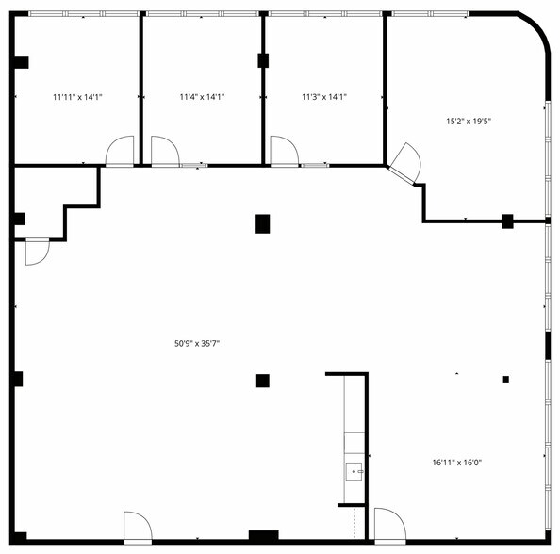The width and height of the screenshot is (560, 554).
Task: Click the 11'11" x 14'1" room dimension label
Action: (77, 97)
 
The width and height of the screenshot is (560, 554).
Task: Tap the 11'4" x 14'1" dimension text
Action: (202, 97)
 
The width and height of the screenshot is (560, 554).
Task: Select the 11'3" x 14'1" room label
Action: (324, 97)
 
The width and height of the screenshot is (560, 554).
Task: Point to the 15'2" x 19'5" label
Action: (469, 122)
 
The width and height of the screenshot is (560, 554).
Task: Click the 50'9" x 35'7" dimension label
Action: (197, 344)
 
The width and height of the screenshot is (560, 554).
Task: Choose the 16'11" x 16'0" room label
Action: (457, 463)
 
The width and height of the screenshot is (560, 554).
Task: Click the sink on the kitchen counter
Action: (354, 471)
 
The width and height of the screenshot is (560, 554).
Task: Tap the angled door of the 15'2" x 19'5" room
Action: (405, 163)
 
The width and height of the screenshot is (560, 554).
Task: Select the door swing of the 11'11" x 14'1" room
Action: (120, 151)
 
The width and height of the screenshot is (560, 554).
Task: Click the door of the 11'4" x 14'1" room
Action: (165, 151)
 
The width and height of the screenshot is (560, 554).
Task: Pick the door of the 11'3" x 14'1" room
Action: (285, 151)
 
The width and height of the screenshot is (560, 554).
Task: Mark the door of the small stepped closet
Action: (37, 252)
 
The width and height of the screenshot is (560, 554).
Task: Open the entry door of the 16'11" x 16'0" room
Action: (390, 526)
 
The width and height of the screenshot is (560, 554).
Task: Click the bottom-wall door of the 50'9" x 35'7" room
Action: (138, 528)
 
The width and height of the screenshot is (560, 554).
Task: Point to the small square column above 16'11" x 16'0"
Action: (506, 379)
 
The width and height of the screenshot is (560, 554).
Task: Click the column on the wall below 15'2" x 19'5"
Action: (507, 221)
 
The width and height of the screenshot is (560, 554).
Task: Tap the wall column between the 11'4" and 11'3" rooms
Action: (263, 60)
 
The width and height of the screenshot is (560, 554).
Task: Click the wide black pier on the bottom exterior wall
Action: (264, 537)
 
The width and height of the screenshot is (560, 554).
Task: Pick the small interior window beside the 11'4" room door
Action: (193, 165)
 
